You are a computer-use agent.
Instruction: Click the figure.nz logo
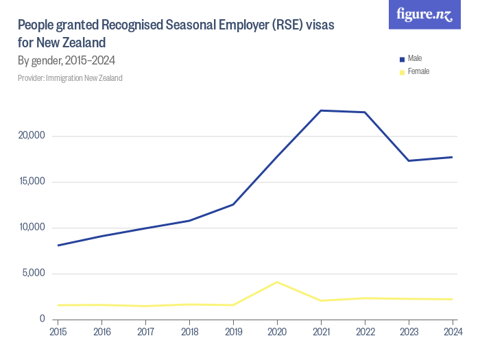425,14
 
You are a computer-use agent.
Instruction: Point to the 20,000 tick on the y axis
31,136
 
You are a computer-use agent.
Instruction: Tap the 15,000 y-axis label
31,182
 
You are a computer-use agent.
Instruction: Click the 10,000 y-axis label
31,228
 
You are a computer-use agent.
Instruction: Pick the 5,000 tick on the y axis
33,274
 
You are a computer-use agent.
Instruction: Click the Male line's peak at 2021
321,110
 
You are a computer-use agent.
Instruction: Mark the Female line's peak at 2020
277,282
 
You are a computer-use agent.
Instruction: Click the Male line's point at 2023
409,160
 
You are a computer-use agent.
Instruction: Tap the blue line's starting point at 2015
58,245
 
